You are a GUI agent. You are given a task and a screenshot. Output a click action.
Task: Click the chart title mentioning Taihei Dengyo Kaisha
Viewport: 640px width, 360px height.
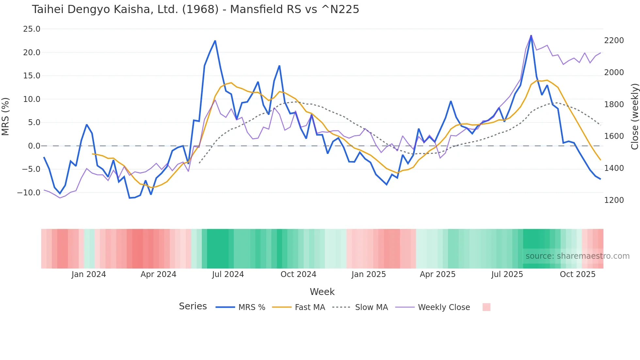pos(195,9)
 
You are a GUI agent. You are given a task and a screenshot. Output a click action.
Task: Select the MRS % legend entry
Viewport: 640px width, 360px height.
pos(251,307)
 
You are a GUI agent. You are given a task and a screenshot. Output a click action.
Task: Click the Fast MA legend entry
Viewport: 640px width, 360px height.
pos(310,307)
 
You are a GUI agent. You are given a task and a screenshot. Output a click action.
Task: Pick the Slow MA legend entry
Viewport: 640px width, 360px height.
pos(371,307)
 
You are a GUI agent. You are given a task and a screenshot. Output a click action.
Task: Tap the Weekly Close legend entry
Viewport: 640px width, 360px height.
pos(444,307)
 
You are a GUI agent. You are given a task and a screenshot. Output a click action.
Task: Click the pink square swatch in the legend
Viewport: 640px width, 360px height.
pos(486,307)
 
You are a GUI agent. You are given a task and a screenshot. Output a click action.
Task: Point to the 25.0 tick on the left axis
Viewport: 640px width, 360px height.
pos(32,29)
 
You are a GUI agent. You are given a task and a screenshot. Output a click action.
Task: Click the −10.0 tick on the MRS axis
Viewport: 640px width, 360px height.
pos(29,193)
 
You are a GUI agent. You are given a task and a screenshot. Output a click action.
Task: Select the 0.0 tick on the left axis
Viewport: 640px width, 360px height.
pos(34,146)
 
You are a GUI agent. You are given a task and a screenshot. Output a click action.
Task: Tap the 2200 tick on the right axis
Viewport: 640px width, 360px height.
pos(614,41)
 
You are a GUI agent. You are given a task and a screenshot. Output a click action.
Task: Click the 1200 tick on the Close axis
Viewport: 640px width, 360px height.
pos(614,200)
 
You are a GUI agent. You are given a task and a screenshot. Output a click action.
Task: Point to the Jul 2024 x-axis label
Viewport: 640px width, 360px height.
pos(228,274)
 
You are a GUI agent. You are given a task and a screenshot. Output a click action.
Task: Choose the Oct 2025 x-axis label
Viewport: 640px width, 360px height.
pos(578,274)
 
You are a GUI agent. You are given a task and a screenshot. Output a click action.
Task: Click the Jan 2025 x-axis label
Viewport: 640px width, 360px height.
pos(369,274)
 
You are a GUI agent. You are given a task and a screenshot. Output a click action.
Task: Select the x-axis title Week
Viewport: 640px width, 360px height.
pos(322,292)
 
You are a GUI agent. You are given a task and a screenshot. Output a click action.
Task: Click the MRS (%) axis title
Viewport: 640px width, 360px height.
pos(6,116)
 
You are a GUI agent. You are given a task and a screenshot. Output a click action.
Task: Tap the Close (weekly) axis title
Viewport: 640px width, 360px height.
pos(634,116)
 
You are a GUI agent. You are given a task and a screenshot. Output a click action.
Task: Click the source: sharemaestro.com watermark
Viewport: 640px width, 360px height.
pos(577,256)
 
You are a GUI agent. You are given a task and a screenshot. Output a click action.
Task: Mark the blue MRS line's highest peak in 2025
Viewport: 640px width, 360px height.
pos(531,36)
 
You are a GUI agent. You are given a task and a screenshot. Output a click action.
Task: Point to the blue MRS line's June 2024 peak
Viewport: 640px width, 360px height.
pos(215,41)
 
